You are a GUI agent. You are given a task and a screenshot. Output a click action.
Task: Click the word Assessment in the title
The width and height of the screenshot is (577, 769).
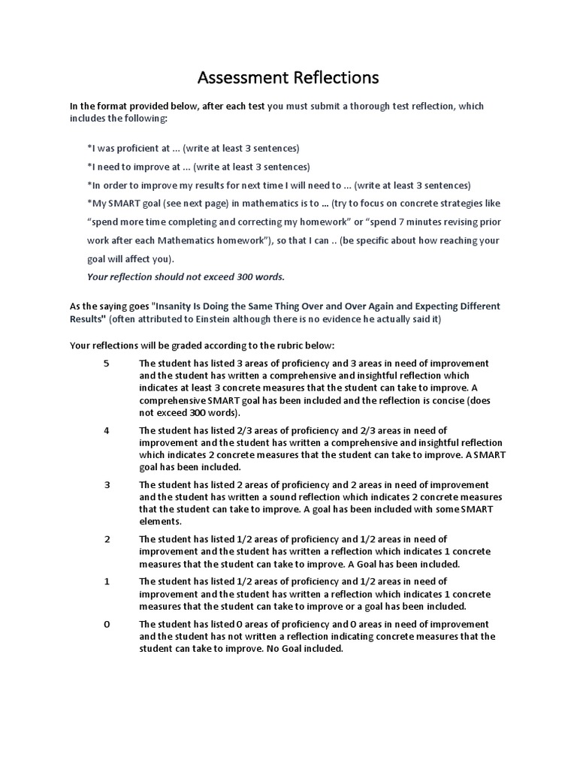click(238, 77)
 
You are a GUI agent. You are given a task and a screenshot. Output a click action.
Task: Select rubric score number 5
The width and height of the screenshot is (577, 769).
click(106, 363)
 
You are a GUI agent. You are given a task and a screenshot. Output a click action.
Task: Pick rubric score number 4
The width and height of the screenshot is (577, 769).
click(106, 430)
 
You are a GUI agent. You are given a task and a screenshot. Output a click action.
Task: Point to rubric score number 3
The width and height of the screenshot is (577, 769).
click(106, 484)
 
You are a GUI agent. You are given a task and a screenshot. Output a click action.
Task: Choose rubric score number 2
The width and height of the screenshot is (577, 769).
click(106, 539)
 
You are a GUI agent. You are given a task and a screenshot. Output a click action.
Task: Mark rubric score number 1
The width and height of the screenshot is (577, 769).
click(106, 581)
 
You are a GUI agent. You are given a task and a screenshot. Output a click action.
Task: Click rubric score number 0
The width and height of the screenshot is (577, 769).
click(106, 624)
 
